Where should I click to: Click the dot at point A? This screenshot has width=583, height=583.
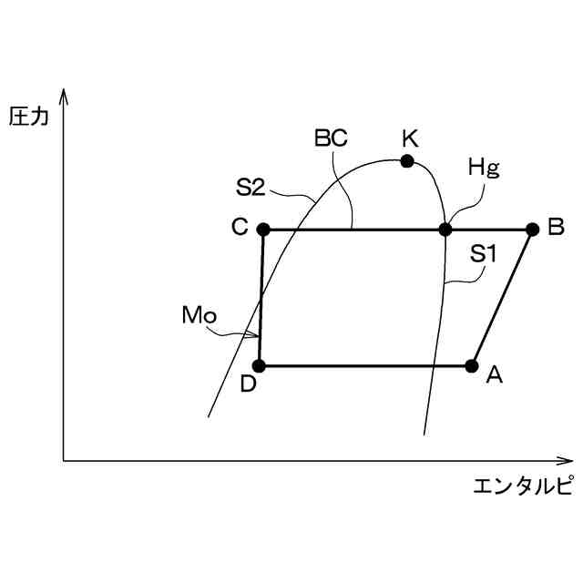(x=472, y=366)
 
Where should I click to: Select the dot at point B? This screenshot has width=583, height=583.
(x=533, y=229)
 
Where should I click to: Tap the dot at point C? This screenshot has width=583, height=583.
(x=263, y=229)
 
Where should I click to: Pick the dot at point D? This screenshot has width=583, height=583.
(x=259, y=366)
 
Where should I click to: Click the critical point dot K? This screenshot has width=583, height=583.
(x=407, y=161)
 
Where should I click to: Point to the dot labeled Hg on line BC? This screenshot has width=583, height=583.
(x=445, y=229)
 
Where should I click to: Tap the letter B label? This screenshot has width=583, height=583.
(x=556, y=228)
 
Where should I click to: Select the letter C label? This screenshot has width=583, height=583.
(x=240, y=228)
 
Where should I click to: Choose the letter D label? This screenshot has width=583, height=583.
(x=248, y=384)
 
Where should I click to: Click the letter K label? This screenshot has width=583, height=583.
(x=409, y=138)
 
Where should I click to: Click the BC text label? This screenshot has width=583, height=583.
(x=331, y=138)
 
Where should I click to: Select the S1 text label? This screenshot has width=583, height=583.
(x=483, y=255)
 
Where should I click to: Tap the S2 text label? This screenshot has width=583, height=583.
(x=250, y=188)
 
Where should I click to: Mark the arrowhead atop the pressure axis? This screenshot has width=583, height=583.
(x=64, y=94)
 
